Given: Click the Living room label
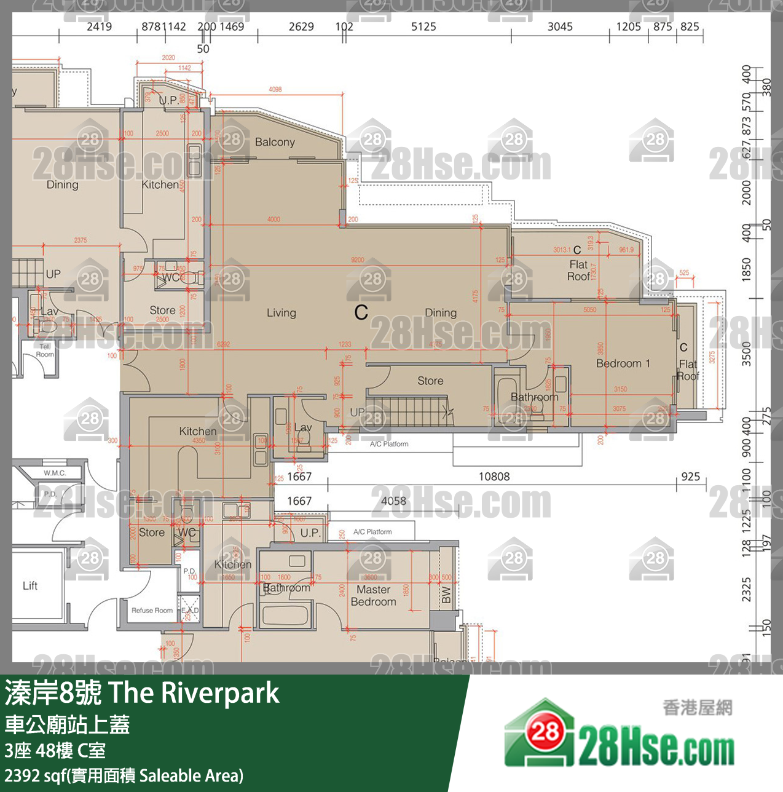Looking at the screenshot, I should (281, 313).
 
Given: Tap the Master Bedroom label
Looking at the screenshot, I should (373, 596).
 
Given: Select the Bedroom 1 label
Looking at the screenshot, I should (623, 363).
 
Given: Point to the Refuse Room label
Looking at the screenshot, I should (152, 611).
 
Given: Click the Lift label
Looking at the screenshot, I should (30, 585).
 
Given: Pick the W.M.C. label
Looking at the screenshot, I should (55, 473).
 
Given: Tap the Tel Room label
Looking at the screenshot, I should (44, 350).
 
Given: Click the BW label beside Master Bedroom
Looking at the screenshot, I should (446, 595).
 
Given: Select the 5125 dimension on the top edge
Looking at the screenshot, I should (423, 26).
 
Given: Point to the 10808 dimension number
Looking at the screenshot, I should (494, 477).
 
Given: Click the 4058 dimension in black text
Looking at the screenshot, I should (393, 501).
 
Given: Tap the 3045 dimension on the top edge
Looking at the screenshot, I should (560, 26).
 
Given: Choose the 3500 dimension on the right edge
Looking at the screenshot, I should (746, 354).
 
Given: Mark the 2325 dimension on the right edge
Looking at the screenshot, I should (746, 589).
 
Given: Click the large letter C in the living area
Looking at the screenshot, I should (361, 312).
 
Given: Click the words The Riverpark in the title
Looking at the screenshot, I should (194, 693).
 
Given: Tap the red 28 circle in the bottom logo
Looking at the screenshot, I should (545, 731).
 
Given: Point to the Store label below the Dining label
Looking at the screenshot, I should (430, 381).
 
